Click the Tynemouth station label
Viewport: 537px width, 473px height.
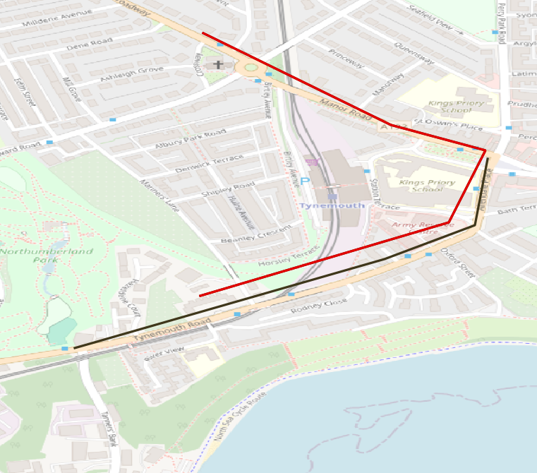click(331, 205)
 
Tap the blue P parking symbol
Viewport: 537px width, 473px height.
click(305, 181)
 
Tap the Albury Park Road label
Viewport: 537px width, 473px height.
click(191, 138)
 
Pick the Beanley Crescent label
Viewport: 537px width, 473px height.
click(256, 234)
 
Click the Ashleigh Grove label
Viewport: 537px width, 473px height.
click(132, 73)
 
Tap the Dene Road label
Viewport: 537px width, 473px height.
click(90, 44)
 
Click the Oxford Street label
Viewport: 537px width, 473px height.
click(459, 262)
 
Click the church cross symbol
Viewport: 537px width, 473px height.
click(219, 65)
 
